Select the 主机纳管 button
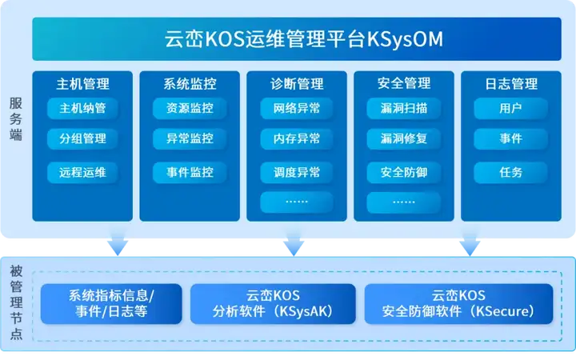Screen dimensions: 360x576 coord(82,108)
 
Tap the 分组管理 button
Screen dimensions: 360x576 coord(82,139)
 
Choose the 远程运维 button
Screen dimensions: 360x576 coord(82,172)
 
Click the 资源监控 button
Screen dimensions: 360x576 coord(190,108)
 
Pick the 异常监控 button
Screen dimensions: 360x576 coord(190,139)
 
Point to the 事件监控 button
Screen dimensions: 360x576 coord(190,172)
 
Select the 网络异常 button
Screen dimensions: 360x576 coord(297,108)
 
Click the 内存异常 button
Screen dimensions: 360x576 coord(297,139)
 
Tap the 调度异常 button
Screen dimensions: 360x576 coord(297,172)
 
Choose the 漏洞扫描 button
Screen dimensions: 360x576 coord(404,108)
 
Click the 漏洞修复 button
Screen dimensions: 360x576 coord(404,139)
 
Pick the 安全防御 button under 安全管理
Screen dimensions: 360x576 coord(404,172)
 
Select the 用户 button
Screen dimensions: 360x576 coord(510,108)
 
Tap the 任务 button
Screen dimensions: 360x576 coord(510,172)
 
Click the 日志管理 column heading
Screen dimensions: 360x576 coord(510,84)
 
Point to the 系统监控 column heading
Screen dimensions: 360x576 coord(190,84)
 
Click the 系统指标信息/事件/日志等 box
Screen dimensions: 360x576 coord(111,304)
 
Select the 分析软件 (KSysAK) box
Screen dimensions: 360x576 coord(273,304)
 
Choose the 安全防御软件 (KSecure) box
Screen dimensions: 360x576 coord(458,304)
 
